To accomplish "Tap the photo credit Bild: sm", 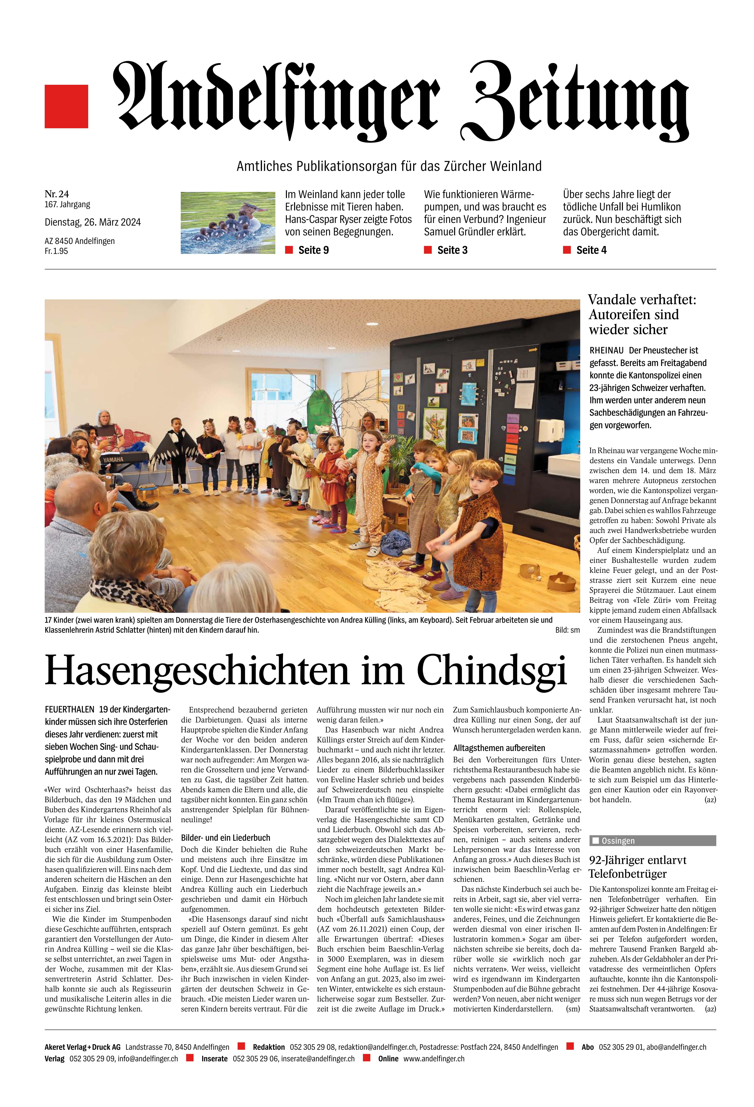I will coord(567,630).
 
